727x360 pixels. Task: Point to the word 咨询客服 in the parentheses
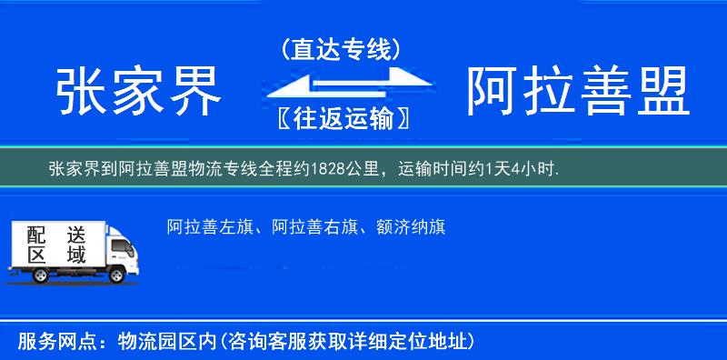click(267, 341)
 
